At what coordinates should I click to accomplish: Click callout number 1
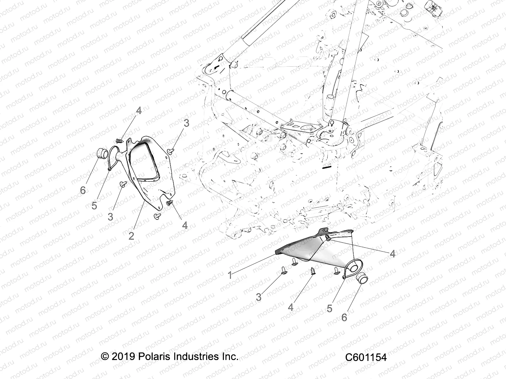click(230, 275)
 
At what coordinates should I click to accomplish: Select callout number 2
click(131, 235)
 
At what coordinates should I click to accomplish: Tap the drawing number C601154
click(366, 358)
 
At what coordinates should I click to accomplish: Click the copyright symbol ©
click(105, 357)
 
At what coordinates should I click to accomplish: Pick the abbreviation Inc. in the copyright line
click(228, 357)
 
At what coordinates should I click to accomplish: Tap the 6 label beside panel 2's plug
click(83, 190)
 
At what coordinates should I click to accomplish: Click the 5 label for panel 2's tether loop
click(94, 206)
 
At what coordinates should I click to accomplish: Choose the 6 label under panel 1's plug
click(344, 317)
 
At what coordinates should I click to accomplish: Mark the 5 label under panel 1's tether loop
click(330, 309)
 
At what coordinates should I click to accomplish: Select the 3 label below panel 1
click(259, 297)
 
